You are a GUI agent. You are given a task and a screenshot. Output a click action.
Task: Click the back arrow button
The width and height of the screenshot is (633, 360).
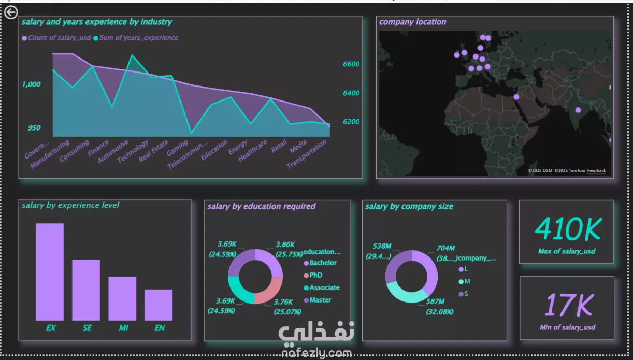pos(11,12)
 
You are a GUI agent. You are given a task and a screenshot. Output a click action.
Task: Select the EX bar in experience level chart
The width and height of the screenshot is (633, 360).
pos(50,271)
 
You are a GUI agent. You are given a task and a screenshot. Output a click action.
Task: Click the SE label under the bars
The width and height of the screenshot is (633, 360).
pos(87,328)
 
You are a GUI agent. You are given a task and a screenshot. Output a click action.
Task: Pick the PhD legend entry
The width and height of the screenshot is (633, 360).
pos(315,275)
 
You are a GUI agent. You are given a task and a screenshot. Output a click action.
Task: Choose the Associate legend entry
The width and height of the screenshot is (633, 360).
pos(324,287)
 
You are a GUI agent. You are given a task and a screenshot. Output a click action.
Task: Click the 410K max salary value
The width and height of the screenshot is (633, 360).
pos(567,229)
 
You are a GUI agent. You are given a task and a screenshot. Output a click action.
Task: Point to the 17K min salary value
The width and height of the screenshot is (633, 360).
pos(567,306)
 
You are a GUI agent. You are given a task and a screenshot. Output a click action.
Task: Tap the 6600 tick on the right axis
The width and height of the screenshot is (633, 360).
pos(351,64)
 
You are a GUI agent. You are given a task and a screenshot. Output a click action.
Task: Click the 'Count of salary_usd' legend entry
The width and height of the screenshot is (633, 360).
pos(59,38)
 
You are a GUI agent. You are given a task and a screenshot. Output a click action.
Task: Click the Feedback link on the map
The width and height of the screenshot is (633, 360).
pos(596,171)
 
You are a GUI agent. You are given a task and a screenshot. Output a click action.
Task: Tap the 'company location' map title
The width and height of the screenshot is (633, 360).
pos(412,22)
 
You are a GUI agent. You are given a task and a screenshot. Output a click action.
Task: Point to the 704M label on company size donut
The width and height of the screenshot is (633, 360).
pos(445,248)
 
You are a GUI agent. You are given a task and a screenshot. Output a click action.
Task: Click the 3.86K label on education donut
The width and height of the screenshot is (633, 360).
pos(285,244)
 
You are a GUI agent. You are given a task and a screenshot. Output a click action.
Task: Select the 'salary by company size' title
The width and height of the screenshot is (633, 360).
pos(409,206)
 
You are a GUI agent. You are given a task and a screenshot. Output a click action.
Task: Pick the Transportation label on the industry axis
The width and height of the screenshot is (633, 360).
pos(307,155)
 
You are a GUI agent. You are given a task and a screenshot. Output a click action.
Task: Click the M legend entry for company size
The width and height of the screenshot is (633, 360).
pos(466,281)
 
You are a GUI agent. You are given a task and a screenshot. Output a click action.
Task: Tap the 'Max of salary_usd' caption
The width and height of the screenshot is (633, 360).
pos(567,251)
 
